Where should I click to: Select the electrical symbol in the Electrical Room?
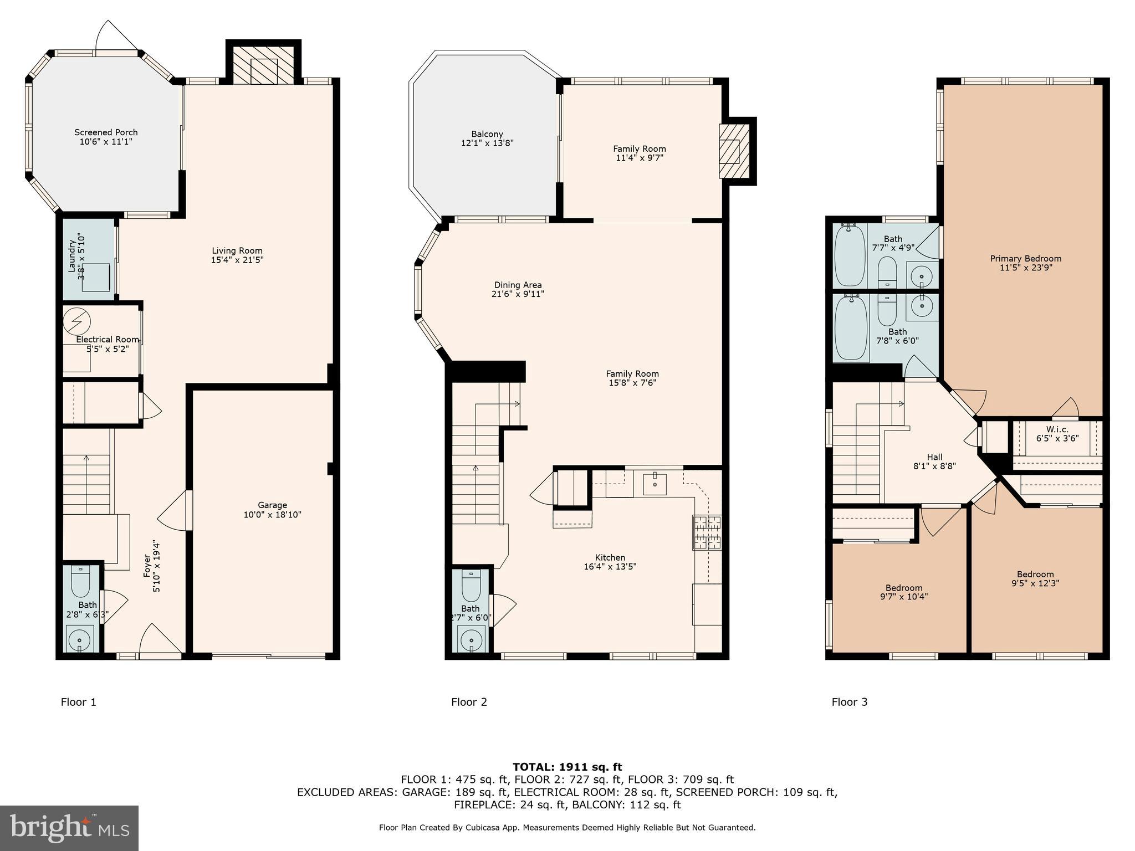pos(76,321)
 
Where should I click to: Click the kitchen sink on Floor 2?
pos(655,484)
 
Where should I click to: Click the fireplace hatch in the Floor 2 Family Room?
pos(733,151)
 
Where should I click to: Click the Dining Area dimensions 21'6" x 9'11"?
pos(518,294)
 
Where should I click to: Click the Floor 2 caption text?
pos(469,702)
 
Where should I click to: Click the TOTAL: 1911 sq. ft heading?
pos(567,767)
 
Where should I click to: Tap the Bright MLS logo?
pos(69,828)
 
